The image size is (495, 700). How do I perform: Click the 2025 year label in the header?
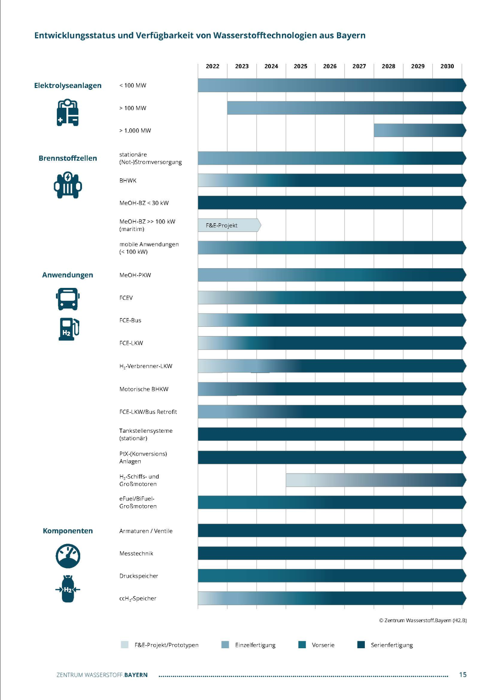click(x=300, y=66)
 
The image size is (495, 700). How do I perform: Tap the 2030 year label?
click(x=447, y=66)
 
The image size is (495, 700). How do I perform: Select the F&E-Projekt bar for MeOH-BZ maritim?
click(x=229, y=225)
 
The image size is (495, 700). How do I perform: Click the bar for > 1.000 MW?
click(x=420, y=130)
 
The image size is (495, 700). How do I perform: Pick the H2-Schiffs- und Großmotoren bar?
click(x=376, y=480)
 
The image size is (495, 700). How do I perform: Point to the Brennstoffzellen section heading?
click(x=68, y=158)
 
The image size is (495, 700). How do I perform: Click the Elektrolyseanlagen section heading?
click(x=68, y=86)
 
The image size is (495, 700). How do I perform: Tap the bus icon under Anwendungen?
click(x=68, y=299)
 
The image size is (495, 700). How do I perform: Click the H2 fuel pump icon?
click(x=69, y=329)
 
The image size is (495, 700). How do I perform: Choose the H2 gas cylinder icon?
click(x=68, y=589)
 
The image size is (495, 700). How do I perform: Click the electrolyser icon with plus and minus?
click(x=68, y=112)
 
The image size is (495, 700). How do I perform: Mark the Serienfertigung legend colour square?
click(x=361, y=645)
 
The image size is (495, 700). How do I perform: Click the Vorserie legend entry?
click(x=317, y=645)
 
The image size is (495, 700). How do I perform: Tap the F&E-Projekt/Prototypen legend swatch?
click(x=125, y=645)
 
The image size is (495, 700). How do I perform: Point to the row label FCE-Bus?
click(x=130, y=320)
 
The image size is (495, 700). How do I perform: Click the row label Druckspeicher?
click(x=139, y=576)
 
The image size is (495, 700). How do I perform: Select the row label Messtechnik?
click(x=136, y=553)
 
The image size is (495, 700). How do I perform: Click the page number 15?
click(x=462, y=674)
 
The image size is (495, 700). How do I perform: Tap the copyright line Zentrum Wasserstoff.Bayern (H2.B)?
click(x=423, y=620)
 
